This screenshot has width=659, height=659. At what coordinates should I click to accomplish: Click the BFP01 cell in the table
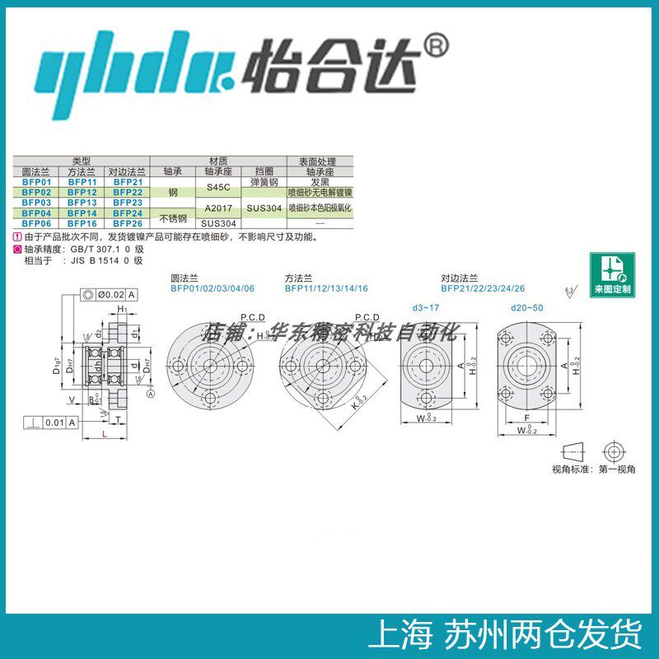click(36, 181)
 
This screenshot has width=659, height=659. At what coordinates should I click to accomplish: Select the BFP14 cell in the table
click(82, 213)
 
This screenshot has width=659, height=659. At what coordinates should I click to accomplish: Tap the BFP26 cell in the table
click(128, 223)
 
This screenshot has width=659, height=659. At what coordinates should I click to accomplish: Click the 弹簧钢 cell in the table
click(264, 181)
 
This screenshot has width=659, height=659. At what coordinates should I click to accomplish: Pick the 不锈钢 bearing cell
click(173, 217)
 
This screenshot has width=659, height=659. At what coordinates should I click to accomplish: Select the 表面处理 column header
click(319, 162)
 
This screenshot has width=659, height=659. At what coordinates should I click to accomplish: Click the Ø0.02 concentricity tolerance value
click(110, 294)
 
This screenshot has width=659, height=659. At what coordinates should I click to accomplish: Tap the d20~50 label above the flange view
click(528, 307)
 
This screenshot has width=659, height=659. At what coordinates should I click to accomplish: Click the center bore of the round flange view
click(210, 364)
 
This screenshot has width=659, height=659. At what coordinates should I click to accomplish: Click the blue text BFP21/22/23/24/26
click(482, 289)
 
